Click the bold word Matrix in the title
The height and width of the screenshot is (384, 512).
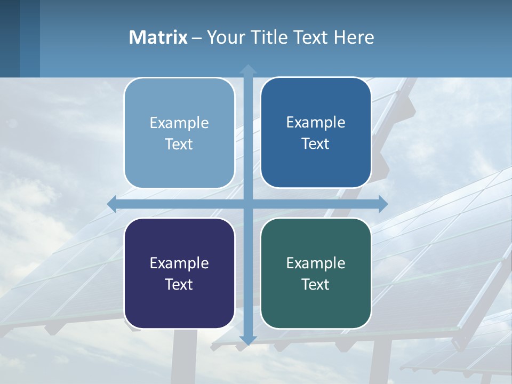click(x=158, y=37)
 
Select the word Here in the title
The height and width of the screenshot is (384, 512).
click(x=354, y=37)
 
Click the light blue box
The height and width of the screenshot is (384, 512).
click(x=179, y=133)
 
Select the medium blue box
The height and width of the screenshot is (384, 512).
click(x=316, y=133)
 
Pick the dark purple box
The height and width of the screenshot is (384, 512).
click(x=179, y=273)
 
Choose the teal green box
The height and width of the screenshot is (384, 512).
click(x=316, y=273)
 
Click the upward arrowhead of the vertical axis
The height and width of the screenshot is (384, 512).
click(x=248, y=69)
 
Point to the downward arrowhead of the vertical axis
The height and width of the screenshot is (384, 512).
click(x=248, y=340)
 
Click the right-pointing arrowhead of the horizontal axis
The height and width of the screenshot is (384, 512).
click(x=382, y=204)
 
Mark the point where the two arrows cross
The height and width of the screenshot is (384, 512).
click(x=248, y=204)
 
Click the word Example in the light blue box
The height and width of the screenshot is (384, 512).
click(x=179, y=123)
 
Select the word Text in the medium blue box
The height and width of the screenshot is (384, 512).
click(x=316, y=143)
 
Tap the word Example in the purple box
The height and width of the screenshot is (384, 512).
click(x=179, y=263)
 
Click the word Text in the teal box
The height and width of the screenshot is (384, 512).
click(x=316, y=284)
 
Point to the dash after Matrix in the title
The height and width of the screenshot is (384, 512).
click(x=197, y=38)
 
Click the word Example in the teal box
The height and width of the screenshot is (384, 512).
click(x=316, y=263)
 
